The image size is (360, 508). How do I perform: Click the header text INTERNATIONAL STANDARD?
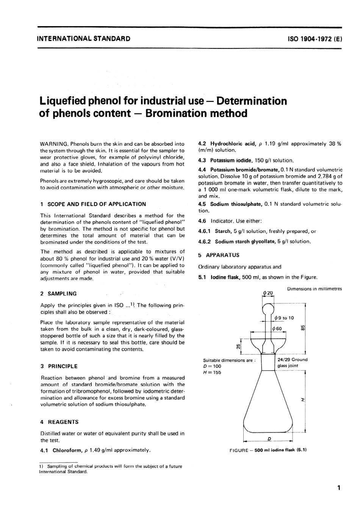click(83, 39)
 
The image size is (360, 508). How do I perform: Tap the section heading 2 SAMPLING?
click(58, 294)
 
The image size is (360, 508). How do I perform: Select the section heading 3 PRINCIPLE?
click(59, 366)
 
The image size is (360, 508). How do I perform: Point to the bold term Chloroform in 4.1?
click(65, 450)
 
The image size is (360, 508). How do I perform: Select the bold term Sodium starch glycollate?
click(247, 241)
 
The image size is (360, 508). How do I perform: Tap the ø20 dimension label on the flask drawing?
click(268, 293)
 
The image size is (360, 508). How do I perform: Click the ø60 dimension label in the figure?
click(277, 329)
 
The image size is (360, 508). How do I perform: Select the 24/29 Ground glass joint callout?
click(292, 363)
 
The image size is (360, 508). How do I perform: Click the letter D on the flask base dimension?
click(269, 439)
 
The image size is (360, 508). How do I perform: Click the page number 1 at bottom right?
click(339, 488)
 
